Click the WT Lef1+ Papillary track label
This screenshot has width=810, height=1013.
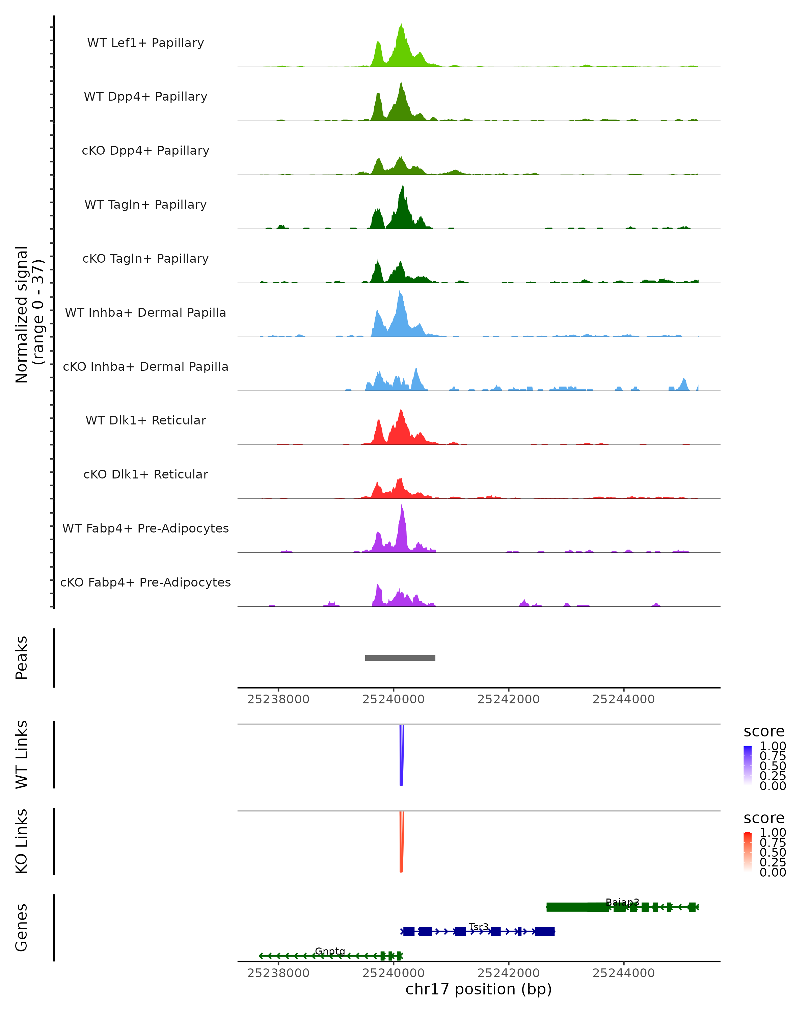pyautogui.click(x=145, y=43)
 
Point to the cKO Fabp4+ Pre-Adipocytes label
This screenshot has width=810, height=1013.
pyautogui.click(x=145, y=582)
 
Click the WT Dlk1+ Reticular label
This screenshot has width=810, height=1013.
pyautogui.click(x=145, y=420)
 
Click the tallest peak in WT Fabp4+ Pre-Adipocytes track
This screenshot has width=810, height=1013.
pyautogui.click(x=402, y=506)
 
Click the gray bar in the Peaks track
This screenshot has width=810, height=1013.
pyautogui.click(x=400, y=658)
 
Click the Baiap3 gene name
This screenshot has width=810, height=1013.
pyautogui.click(x=622, y=902)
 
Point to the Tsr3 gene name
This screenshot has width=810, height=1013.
pyautogui.click(x=479, y=927)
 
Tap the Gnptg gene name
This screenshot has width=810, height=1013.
pyautogui.click(x=330, y=951)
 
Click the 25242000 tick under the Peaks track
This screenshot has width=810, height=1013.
pyautogui.click(x=509, y=699)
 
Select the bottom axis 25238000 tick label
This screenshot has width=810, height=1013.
pyautogui.click(x=278, y=973)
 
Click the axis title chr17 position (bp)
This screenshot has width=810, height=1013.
pyautogui.click(x=479, y=989)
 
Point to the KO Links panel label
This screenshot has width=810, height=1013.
pyautogui.click(x=22, y=841)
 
